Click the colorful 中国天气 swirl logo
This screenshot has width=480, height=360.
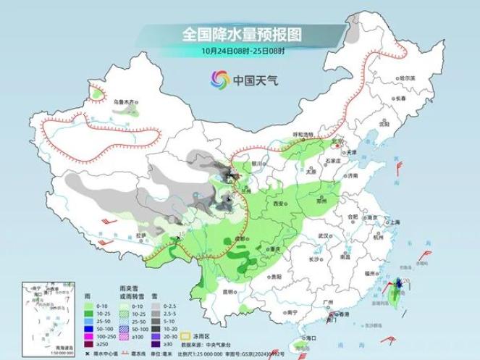click(x=220, y=79)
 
